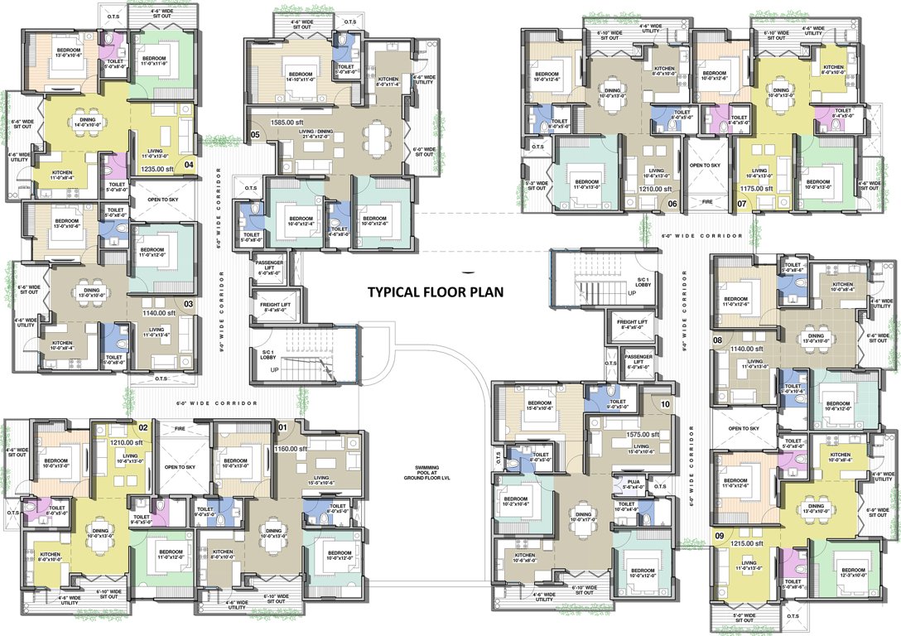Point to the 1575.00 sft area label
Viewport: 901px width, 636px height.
click(x=641, y=434)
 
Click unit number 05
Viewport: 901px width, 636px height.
click(x=255, y=134)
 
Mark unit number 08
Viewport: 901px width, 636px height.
click(x=717, y=339)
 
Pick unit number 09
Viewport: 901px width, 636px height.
click(x=720, y=537)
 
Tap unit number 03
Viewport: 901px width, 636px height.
click(x=188, y=303)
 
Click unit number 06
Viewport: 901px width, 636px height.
click(x=672, y=203)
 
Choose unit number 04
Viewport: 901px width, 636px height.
click(x=189, y=164)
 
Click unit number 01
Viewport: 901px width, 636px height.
click(x=281, y=428)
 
